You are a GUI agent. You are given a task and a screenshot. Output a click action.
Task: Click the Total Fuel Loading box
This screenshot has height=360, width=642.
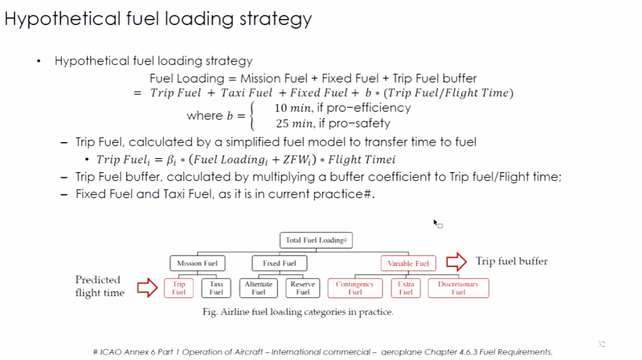[x=316, y=240]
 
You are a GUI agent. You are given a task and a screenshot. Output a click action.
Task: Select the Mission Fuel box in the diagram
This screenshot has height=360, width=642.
[x=197, y=263]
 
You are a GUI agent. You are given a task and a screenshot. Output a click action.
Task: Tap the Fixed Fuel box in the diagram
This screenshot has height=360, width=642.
[x=279, y=263]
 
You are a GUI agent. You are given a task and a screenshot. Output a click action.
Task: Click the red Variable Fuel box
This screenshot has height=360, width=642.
[x=408, y=263]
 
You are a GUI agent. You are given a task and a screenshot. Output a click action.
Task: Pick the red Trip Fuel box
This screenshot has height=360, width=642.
[x=179, y=288]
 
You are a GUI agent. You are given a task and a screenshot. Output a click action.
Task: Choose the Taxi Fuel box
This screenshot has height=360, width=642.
[x=216, y=288]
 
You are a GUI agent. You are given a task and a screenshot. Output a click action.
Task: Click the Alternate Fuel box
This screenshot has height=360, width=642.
[x=258, y=288]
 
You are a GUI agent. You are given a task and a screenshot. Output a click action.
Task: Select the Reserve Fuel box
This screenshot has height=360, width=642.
[x=303, y=288]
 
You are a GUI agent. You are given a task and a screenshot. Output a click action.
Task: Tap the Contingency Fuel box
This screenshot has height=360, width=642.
[x=354, y=288]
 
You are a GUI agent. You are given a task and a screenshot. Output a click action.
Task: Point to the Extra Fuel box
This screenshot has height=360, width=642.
[x=406, y=288]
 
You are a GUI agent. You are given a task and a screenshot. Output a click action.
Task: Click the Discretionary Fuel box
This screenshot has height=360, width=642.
[x=458, y=288]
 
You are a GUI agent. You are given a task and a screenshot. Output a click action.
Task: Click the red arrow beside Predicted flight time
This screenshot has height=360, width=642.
[x=147, y=288]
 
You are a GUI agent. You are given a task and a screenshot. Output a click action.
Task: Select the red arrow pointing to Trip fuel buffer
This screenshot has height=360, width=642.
[x=456, y=262]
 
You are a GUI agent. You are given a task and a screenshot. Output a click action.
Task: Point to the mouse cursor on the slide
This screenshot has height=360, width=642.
[x=435, y=222]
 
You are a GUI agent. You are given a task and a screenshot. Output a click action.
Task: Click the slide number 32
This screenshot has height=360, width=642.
[x=601, y=344]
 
